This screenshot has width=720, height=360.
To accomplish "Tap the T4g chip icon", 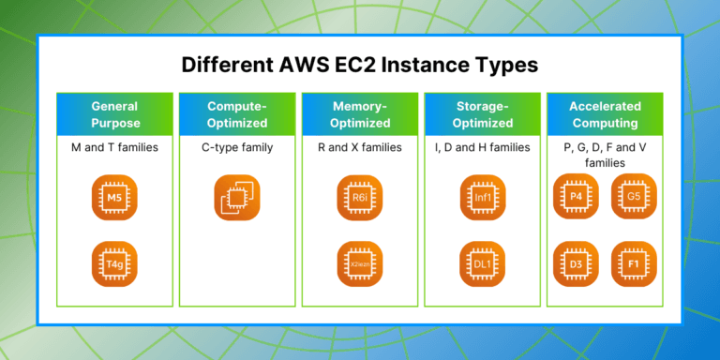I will (x=114, y=264).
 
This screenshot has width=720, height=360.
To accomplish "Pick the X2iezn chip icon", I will (x=360, y=264).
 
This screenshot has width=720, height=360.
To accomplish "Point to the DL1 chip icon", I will (x=483, y=264).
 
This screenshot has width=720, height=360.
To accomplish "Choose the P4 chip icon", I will (x=575, y=197).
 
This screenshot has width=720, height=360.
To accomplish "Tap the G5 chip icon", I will (x=635, y=197).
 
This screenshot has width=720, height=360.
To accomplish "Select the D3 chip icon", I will (x=575, y=264).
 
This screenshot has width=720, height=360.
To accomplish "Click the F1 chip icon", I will (x=635, y=264).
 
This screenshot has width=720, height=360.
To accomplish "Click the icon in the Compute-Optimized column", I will (x=237, y=200).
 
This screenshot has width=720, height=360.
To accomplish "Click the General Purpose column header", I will (x=114, y=114).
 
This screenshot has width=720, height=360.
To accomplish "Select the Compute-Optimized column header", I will (x=237, y=114).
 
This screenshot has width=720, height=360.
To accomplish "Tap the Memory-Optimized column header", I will (x=360, y=114).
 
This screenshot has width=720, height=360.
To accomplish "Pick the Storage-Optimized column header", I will (x=483, y=114).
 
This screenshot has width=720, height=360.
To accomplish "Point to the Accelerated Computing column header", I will (x=605, y=114).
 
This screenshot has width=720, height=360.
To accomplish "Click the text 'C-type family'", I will (x=237, y=147).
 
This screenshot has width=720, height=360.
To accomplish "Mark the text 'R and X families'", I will (x=360, y=147).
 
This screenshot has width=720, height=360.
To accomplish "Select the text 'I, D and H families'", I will (x=483, y=147).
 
